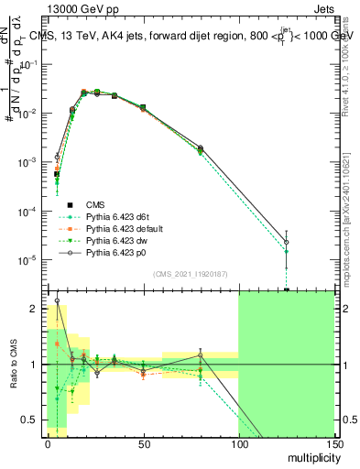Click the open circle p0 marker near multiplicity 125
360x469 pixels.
click(x=287, y=243)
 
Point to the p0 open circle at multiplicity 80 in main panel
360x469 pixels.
click(x=200, y=147)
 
